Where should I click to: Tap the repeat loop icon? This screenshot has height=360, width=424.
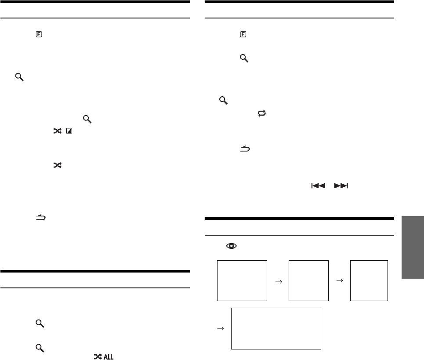coord(262,113)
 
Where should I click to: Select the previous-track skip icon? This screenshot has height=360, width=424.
coord(317,186)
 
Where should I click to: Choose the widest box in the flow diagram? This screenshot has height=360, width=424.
coord(276,328)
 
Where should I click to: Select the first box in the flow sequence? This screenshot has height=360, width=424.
coord(243,280)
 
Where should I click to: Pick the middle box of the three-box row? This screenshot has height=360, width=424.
coord(308,280)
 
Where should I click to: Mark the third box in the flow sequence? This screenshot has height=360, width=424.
coord(369,280)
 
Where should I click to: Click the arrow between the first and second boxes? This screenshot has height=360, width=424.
coord(278,282)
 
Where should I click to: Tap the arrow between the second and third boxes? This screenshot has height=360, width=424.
coord(339,280)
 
